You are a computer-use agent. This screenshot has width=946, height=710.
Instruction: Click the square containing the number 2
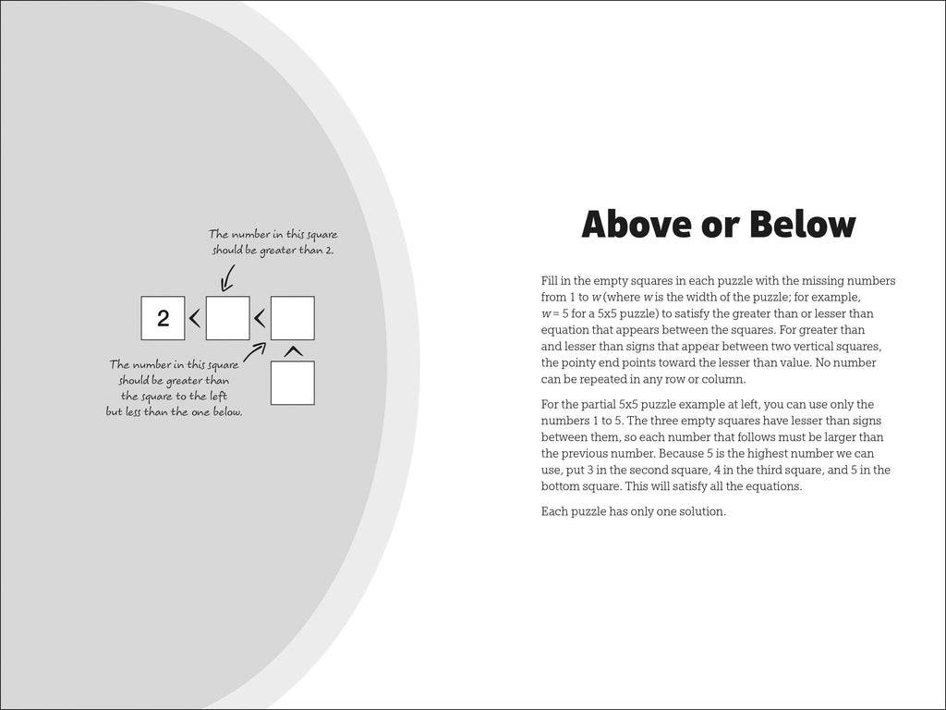coord(164,319)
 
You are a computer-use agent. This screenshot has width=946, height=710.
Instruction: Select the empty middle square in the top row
coord(227,319)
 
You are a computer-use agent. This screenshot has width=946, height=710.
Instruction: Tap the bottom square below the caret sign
coord(292,383)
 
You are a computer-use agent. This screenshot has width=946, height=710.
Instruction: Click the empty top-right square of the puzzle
coord(292,319)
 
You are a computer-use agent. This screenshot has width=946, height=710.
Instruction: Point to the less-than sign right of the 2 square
coord(195,319)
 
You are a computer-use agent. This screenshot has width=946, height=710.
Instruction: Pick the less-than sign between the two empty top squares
coord(260,319)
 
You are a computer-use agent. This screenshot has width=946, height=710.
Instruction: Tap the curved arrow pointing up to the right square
coord(255,351)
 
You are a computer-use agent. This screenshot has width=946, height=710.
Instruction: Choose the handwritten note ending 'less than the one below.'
coord(175,388)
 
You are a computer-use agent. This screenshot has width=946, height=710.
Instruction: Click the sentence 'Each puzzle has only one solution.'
coord(633,510)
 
